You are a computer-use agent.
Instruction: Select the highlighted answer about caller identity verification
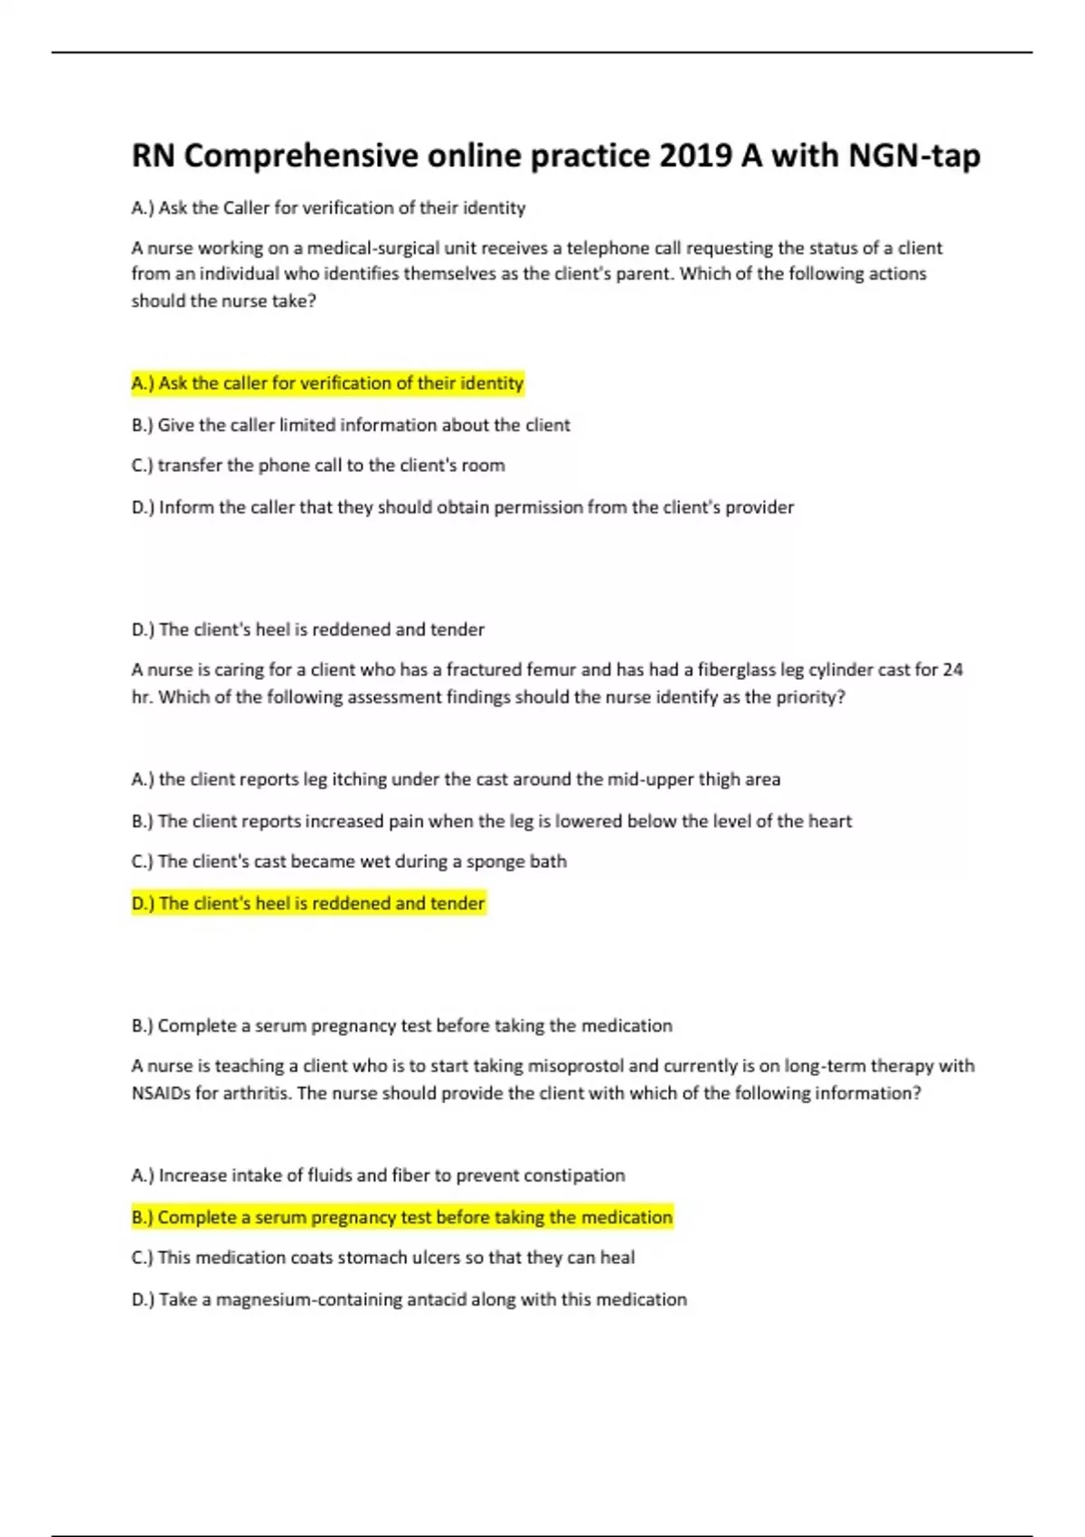pyautogui.click(x=327, y=383)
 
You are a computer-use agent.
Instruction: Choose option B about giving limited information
pyautogui.click(x=351, y=425)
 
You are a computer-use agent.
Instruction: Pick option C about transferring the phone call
pyautogui.click(x=318, y=466)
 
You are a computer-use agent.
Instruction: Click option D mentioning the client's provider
pyautogui.click(x=462, y=507)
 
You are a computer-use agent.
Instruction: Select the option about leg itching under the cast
pyautogui.click(x=456, y=779)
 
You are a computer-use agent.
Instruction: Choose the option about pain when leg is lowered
pyautogui.click(x=491, y=821)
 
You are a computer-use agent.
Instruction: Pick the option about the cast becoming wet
pyautogui.click(x=349, y=862)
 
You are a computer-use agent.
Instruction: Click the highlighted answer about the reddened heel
pyautogui.click(x=308, y=903)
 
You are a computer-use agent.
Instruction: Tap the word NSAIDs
pyautogui.click(x=161, y=1093)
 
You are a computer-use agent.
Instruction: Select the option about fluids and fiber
pyautogui.click(x=378, y=1175)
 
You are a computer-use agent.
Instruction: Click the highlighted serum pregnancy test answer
pyautogui.click(x=401, y=1217)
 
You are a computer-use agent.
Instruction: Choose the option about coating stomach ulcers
pyautogui.click(x=382, y=1258)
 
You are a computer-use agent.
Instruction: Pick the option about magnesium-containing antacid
pyautogui.click(x=409, y=1299)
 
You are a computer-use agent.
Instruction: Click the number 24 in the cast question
pyautogui.click(x=952, y=670)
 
